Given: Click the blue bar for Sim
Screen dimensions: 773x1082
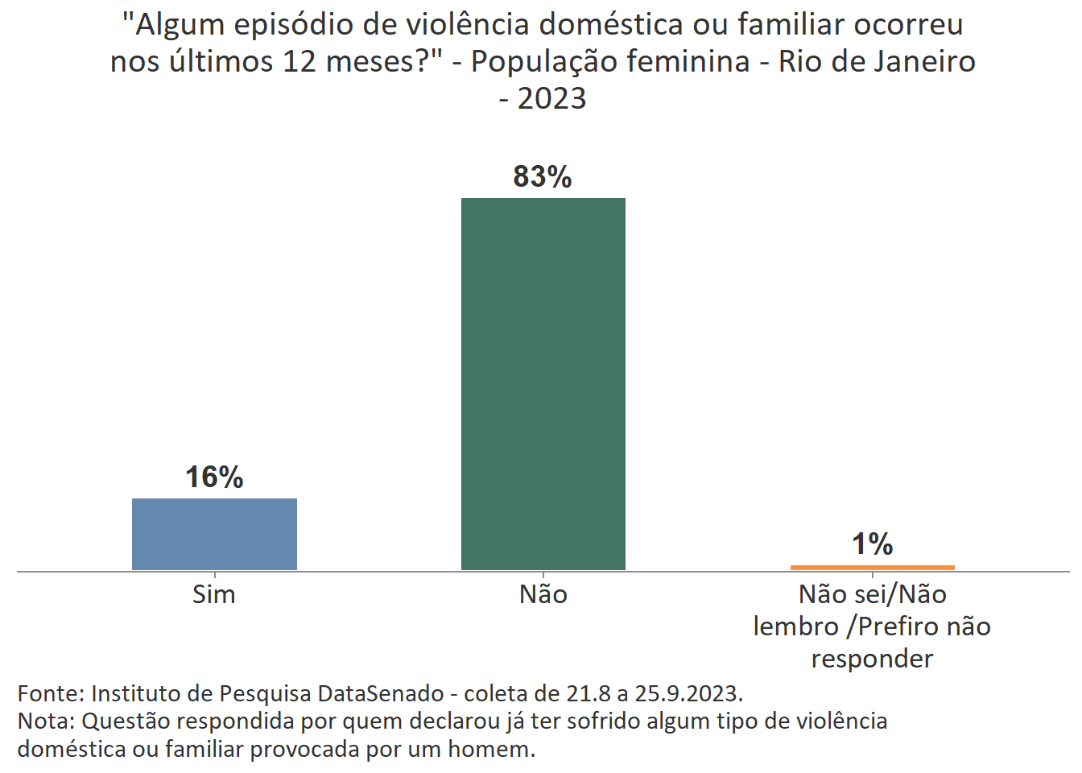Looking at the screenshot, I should [214, 534].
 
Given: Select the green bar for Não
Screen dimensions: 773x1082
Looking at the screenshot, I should [543, 383].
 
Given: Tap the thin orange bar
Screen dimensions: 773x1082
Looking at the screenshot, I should [872, 567].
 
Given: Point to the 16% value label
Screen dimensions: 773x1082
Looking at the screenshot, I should [214, 477].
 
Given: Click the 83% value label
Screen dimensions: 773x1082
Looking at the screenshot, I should [543, 177].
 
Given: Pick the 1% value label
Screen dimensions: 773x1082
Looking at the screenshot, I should [872, 544].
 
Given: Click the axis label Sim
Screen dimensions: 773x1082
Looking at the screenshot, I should [214, 595].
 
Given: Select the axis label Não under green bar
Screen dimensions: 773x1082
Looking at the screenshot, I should [543, 595].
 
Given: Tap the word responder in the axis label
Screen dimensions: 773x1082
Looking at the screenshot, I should [872, 659].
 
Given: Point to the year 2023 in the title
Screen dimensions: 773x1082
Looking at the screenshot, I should [552, 99].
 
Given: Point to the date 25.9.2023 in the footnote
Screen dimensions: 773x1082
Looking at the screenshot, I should [688, 694].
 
